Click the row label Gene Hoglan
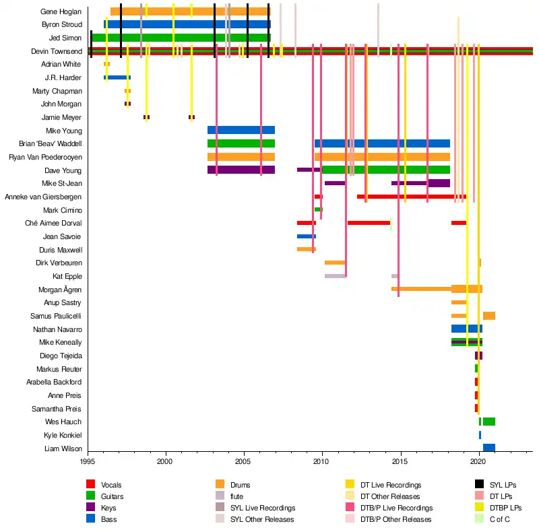(61, 11)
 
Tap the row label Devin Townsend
(57, 51)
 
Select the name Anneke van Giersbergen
(43, 197)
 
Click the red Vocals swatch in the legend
(91, 485)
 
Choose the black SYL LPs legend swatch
(479, 485)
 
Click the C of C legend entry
(500, 519)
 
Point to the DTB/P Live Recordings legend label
(396, 508)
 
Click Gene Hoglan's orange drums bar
(189, 11)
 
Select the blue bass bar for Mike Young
(241, 130)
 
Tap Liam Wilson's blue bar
(488, 448)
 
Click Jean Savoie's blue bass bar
(306, 236)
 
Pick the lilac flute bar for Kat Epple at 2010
(335, 276)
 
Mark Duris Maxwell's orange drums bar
(306, 249)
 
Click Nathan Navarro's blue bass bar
(466, 329)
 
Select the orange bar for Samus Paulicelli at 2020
(488, 316)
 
